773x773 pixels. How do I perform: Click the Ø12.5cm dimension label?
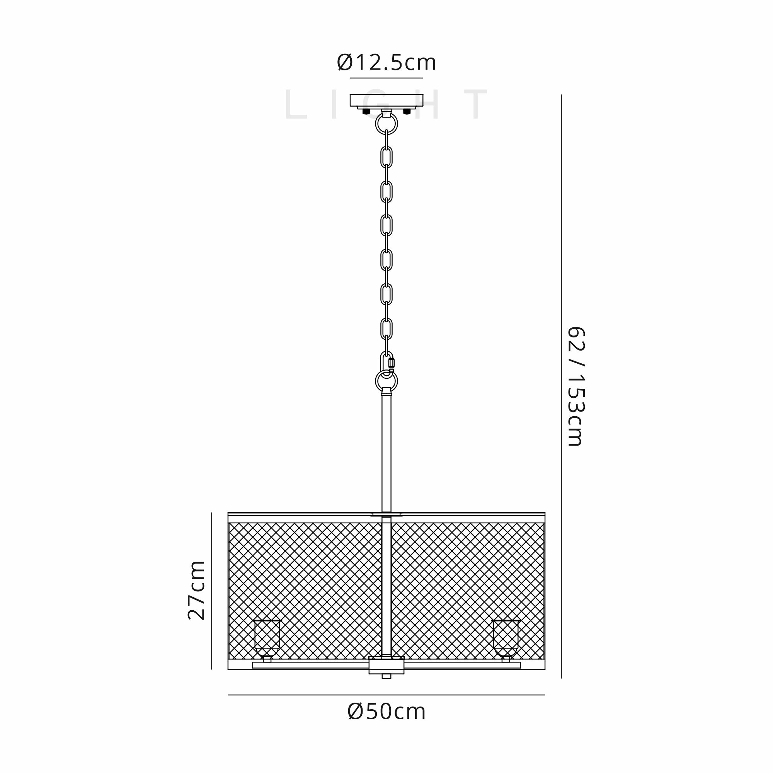[x=386, y=63]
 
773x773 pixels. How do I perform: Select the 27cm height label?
[x=196, y=590]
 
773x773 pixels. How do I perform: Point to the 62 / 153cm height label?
[x=577, y=386]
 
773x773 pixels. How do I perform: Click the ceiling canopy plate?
[x=386, y=100]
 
